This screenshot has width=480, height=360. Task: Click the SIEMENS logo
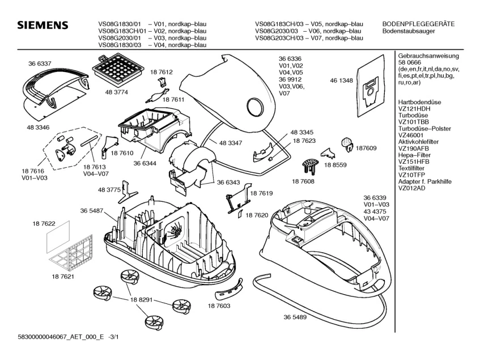(x=43, y=27)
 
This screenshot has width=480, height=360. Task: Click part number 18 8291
(x=141, y=299)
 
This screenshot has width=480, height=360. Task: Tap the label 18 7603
(x=219, y=306)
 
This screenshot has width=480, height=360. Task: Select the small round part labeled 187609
(x=347, y=145)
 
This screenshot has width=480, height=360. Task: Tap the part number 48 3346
(x=37, y=129)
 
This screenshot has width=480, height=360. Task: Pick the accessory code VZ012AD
(x=412, y=188)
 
